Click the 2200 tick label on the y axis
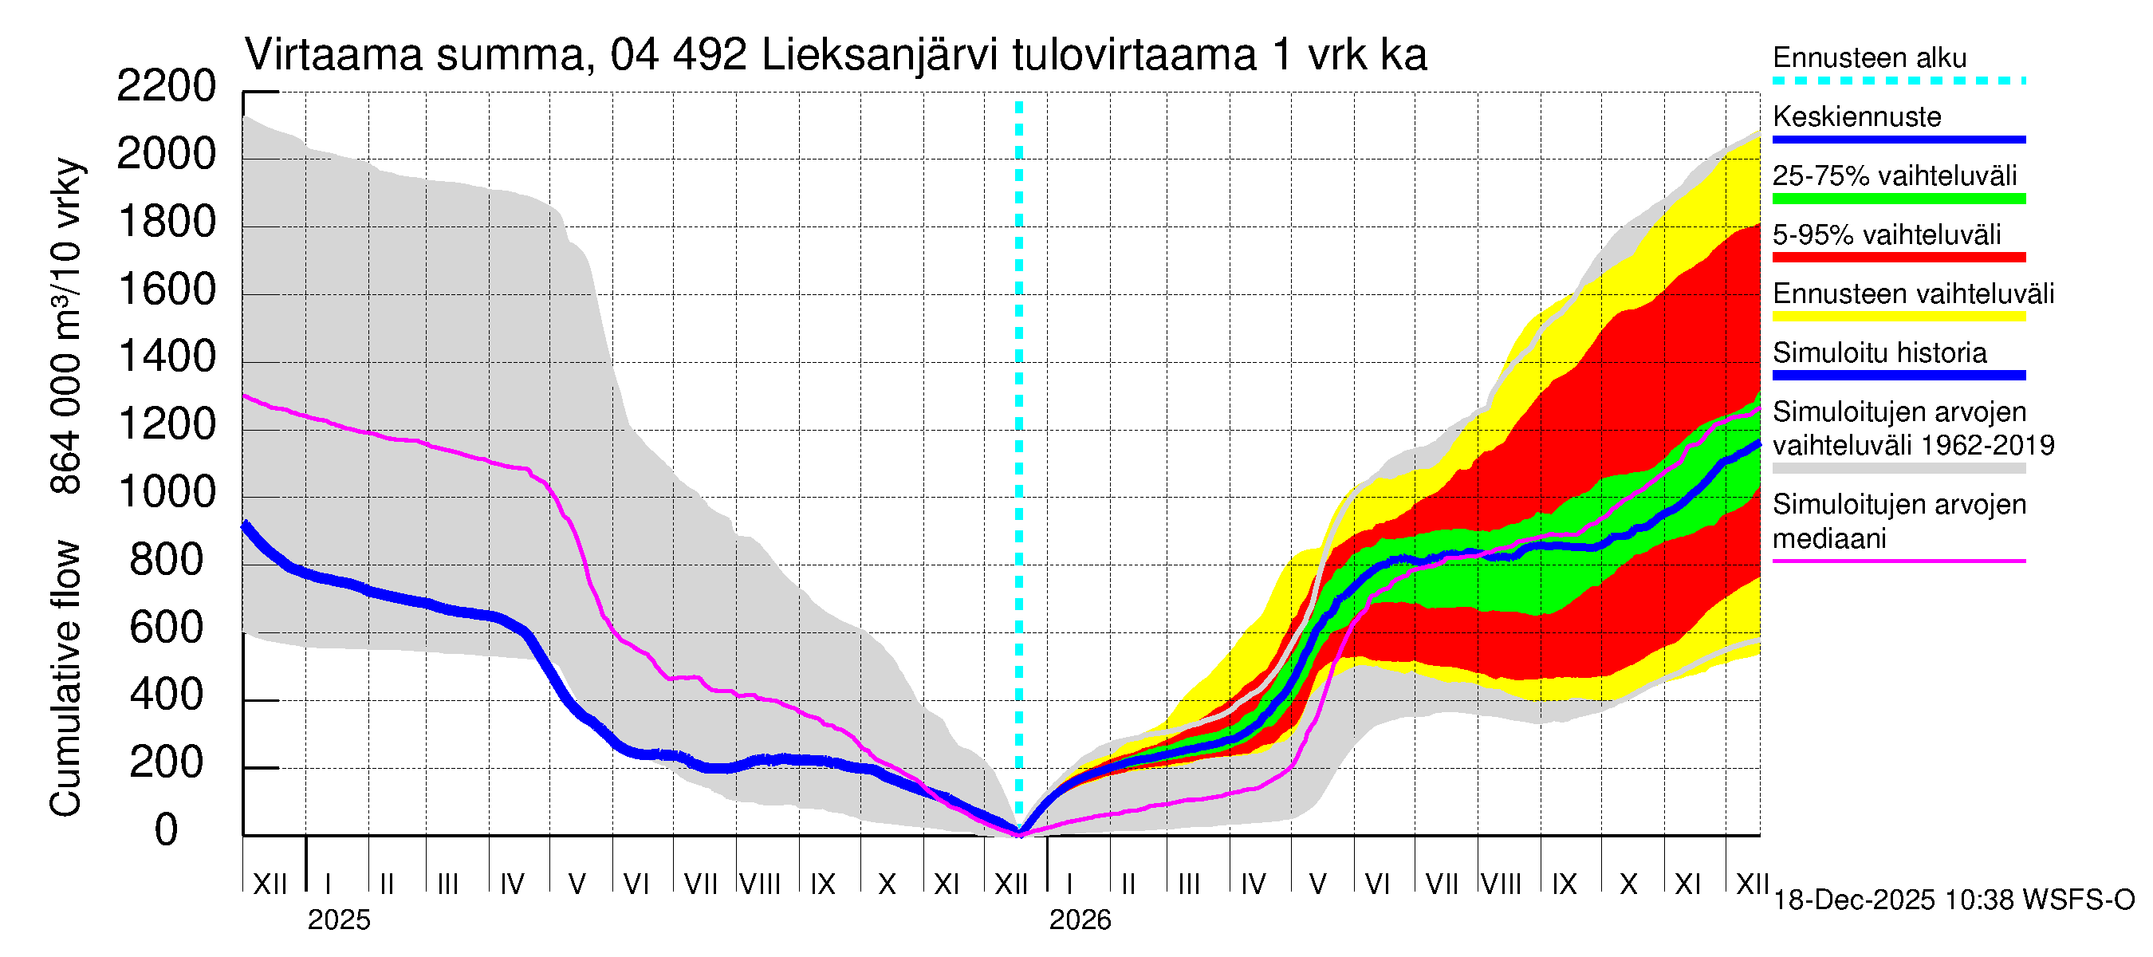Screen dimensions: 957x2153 pos(167,86)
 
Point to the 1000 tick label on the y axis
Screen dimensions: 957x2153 pos(167,492)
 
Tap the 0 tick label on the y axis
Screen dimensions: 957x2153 pos(167,830)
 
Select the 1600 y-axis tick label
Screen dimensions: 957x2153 pos(167,289)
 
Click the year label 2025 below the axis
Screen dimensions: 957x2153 pos(338,920)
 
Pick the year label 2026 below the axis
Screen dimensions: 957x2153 pos(1080,920)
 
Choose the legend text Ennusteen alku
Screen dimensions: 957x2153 pos(1869,57)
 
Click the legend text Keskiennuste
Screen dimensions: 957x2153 pos(1856,116)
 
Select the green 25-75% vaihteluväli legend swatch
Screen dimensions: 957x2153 pos(1898,199)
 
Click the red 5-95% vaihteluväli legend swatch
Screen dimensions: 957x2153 pos(1898,258)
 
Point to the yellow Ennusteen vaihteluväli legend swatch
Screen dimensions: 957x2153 pos(1898,317)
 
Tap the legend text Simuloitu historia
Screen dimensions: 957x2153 pos(1879,352)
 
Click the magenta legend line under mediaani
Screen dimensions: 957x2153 pos(1898,561)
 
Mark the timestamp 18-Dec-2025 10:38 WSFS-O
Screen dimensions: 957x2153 pos(1953,900)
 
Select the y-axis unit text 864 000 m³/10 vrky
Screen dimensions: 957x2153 pos(65,326)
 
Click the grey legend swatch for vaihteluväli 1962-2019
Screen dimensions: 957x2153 pos(1898,469)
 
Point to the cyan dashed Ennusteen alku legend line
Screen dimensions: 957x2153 pos(1898,81)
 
